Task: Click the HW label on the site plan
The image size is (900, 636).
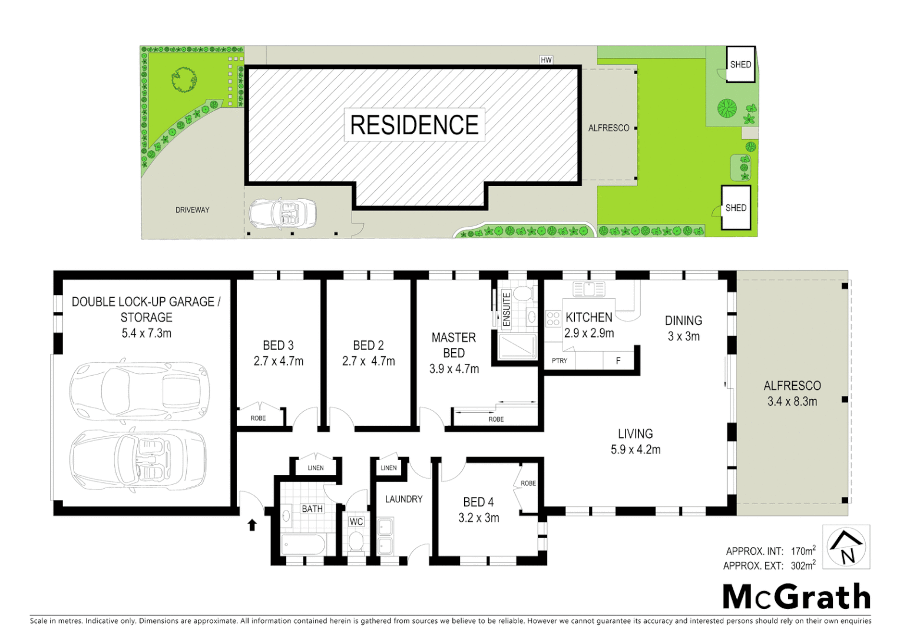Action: [x=546, y=60]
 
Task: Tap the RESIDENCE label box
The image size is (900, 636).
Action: [x=414, y=125]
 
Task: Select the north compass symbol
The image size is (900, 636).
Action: [x=846, y=547]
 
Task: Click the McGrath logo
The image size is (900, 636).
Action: [x=796, y=597]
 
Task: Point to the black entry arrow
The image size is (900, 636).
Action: [x=252, y=525]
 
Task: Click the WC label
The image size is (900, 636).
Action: [x=356, y=522]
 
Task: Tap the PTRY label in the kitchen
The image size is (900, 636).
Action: [x=560, y=360]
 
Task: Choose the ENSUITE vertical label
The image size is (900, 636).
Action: [x=506, y=309]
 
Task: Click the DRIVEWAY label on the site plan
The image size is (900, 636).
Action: [x=192, y=210]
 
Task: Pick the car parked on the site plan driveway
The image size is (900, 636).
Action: [x=283, y=214]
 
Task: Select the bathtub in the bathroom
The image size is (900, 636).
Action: [x=303, y=545]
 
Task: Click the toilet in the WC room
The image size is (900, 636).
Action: [x=356, y=542]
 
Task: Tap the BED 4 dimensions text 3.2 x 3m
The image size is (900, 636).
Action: [x=479, y=518]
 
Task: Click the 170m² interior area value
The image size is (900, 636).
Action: [x=803, y=551]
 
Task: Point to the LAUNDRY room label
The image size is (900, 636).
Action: [x=403, y=499]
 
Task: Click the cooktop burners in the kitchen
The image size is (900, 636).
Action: [x=553, y=319]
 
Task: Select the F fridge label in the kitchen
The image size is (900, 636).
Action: [x=618, y=360]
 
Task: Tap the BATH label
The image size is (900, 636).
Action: [x=312, y=509]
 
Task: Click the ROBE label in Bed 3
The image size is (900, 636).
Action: [x=258, y=418]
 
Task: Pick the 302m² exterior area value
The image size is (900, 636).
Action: [x=803, y=565]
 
